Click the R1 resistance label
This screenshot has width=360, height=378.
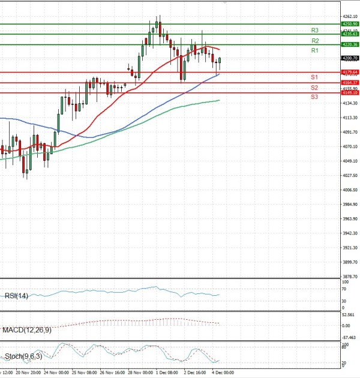point(314,51)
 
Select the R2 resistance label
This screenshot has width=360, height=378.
point(314,40)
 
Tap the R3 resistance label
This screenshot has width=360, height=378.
point(314,30)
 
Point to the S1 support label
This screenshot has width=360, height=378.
point(314,77)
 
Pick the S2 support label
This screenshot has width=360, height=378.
point(314,88)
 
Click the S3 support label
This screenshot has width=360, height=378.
point(314,97)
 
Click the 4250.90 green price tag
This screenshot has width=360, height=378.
point(349,24)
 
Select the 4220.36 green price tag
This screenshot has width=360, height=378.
point(349,44)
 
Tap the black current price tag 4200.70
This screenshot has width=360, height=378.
point(349,58)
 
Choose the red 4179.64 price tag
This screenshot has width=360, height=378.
point(349,72)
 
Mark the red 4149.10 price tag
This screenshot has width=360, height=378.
point(349,93)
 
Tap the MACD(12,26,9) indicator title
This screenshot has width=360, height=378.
point(28,329)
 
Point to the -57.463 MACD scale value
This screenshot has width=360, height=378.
point(349,338)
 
